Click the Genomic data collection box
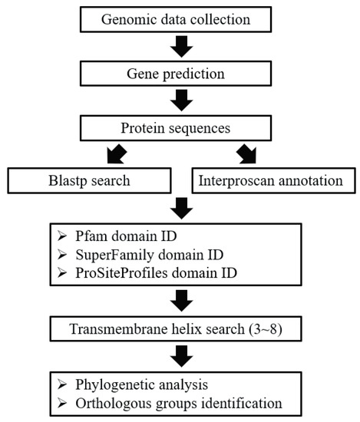click(x=180, y=18)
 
